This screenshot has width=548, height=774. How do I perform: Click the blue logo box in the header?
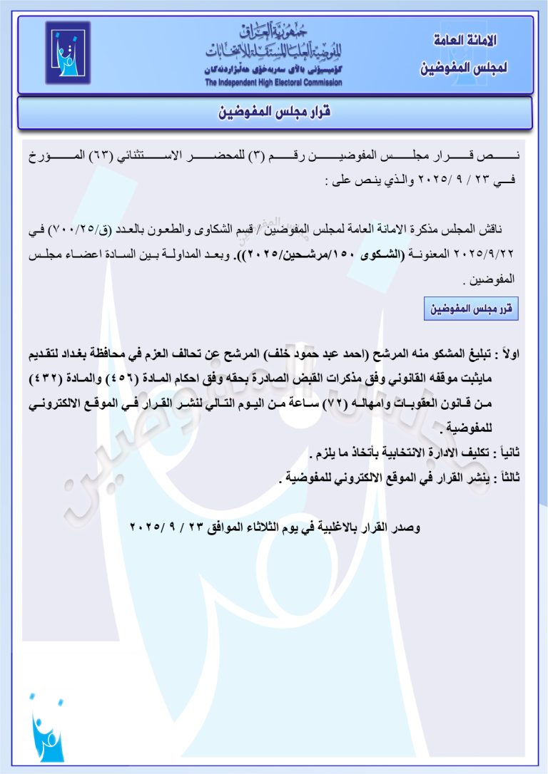point(68,53)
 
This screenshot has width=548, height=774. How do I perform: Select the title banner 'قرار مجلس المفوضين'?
point(274,113)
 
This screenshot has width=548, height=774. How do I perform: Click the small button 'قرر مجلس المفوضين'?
point(470,310)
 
